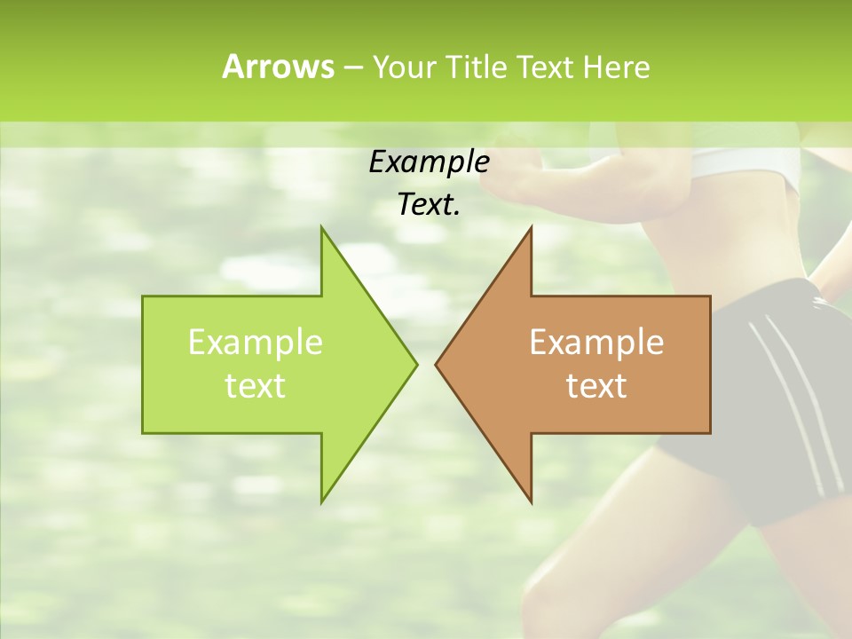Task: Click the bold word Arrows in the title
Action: click(278, 67)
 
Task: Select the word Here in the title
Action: click(616, 67)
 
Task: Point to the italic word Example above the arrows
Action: click(429, 162)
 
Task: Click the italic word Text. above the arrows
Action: click(429, 205)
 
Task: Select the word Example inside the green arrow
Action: click(255, 343)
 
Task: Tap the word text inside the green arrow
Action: click(255, 386)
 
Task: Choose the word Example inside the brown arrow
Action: click(596, 343)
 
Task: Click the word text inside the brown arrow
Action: click(596, 386)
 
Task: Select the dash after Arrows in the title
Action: click(352, 67)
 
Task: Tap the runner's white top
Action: click(754, 164)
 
